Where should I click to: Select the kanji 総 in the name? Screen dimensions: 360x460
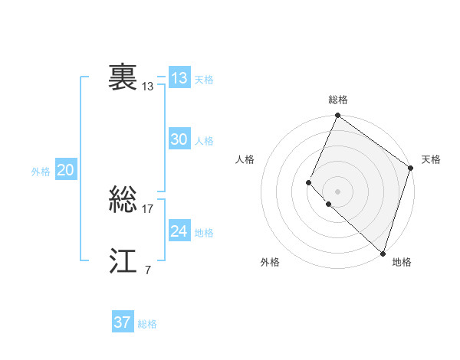tap(123, 201)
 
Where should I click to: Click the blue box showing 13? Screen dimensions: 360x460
tap(179, 78)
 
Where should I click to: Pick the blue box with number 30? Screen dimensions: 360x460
tap(179, 139)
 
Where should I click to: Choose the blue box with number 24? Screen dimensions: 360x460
tap(179, 231)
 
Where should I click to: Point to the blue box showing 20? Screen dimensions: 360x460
tap(65, 171)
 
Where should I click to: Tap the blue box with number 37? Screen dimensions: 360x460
tap(122, 322)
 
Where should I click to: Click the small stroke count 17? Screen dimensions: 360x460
tap(148, 209)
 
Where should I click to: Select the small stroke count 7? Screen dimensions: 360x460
tap(147, 270)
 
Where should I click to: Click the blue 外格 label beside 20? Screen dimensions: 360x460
tap(41, 172)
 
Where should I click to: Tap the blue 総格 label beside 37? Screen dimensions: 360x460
tap(147, 324)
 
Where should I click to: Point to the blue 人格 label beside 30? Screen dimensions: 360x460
tap(204, 141)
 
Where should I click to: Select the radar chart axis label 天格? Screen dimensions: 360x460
tap(431, 159)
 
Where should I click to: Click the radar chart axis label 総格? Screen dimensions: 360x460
tap(338, 100)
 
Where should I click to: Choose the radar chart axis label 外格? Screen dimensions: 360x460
tap(270, 262)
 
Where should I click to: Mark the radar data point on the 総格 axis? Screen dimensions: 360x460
tap(337, 116)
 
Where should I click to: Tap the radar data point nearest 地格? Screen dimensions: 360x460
tap(383, 253)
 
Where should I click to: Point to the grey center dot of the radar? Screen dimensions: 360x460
tap(337, 191)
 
